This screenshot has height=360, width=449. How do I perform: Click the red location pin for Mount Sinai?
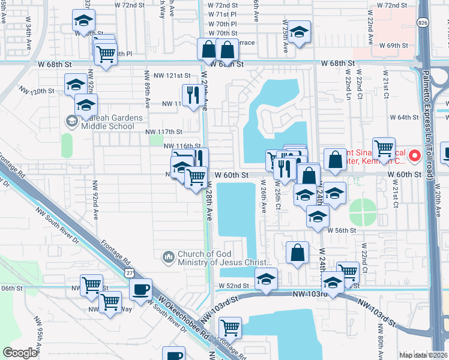tap(414, 157)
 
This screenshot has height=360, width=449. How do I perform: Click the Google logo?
tap(20, 353)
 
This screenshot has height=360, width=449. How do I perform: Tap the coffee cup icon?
tap(140, 289)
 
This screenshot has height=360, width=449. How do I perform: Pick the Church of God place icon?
tap(169, 257)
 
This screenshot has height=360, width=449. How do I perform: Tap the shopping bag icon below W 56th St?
tap(298, 253)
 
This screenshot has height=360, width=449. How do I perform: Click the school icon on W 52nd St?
tap(267, 278)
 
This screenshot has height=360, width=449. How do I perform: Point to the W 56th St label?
tap(342, 230)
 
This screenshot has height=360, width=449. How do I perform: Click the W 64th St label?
tap(403, 118)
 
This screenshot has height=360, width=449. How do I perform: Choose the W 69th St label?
tap(393, 46)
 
